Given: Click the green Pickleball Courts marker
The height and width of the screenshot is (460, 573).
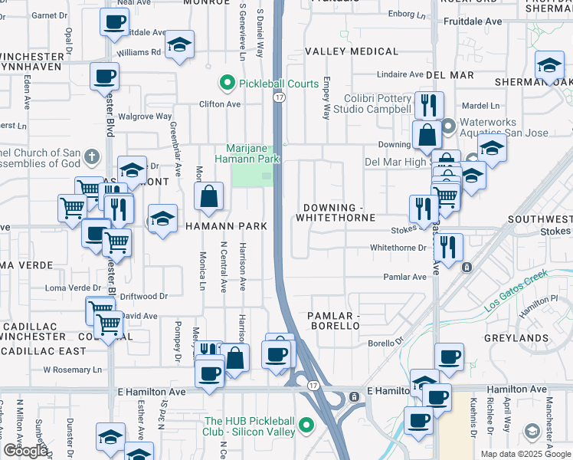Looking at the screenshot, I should (226, 83).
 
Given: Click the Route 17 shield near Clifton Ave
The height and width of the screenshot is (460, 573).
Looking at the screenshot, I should (280, 98).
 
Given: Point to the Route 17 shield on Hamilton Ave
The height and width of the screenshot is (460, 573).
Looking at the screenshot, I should (313, 384).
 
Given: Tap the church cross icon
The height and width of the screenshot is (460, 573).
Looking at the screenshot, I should (91, 157).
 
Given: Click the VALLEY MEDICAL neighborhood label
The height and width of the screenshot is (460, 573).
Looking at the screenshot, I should (352, 51).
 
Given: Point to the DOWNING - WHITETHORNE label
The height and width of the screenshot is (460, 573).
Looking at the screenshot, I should (339, 213).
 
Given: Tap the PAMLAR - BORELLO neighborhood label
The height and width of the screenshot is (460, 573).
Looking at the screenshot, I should (333, 320).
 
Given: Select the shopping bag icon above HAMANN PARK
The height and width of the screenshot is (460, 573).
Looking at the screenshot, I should (208, 197).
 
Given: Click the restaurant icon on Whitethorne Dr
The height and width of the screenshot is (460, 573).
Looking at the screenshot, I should (448, 246).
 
